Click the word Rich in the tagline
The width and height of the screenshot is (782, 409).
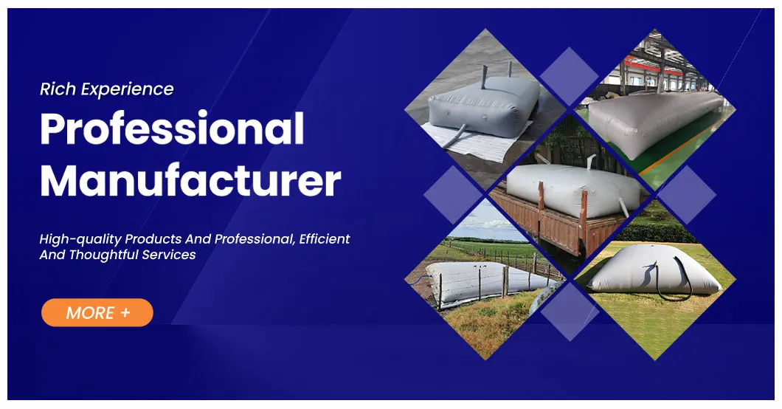coord(58,89)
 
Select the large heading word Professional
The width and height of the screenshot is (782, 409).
coord(171,129)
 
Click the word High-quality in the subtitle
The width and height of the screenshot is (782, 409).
coord(80,239)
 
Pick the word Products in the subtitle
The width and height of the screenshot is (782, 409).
coord(151,239)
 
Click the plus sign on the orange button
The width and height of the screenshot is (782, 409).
coord(125,312)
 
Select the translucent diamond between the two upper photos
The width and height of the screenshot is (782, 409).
coord(569,76)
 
